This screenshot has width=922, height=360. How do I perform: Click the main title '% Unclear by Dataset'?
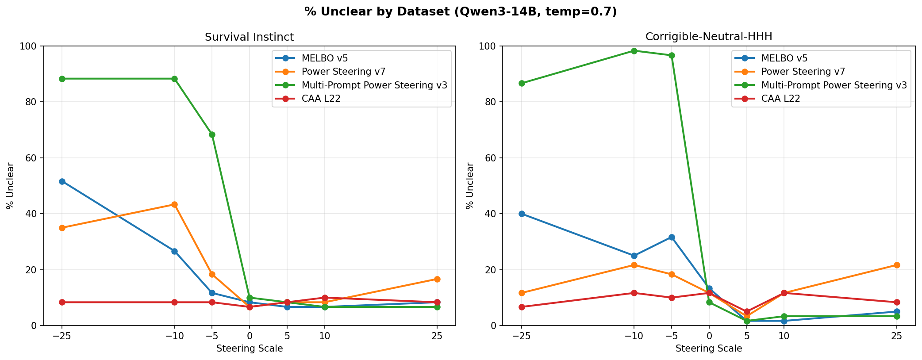click(461, 12)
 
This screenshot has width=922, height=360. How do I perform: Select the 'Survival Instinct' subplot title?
click(249, 37)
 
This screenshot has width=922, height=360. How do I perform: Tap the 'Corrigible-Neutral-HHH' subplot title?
click(709, 37)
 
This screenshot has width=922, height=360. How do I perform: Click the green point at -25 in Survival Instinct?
click(62, 79)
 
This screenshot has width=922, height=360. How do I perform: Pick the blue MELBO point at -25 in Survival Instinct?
click(62, 181)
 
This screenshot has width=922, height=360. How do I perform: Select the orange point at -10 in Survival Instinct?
click(174, 204)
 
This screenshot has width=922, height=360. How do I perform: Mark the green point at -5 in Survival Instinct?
click(212, 134)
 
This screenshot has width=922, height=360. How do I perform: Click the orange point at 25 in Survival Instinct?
click(437, 279)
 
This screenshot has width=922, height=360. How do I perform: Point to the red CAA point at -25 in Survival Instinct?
click(62, 302)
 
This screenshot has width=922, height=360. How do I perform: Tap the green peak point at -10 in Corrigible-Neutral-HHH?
click(634, 51)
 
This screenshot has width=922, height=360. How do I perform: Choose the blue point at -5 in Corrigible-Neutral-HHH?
click(672, 237)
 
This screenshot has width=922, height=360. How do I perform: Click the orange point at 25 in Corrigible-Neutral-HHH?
click(897, 265)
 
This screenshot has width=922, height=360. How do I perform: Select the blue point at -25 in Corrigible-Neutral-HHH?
click(522, 214)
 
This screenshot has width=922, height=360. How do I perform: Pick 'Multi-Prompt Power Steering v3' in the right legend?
click(834, 85)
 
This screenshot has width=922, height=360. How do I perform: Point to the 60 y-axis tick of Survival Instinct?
click(34, 158)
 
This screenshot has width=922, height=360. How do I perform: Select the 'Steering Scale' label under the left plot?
click(249, 349)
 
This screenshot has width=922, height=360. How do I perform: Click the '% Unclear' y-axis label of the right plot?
click(470, 186)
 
